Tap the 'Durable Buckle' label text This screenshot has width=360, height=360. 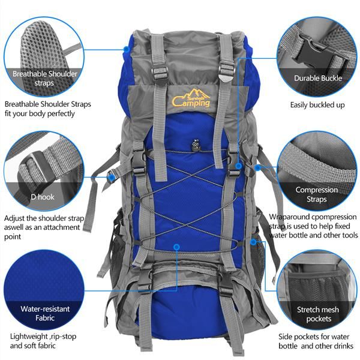coord(317,78)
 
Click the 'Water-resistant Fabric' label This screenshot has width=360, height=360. coord(45,313)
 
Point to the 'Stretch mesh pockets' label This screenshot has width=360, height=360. coord(319,314)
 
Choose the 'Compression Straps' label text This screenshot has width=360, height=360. coord(317,194)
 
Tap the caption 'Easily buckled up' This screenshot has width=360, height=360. coord(317,105)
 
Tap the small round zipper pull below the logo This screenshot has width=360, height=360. coord(195,144)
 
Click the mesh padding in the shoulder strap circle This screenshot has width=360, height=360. coord(39,42)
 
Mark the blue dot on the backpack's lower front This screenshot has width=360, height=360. coord(177,246)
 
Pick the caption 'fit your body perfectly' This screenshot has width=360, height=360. coord(40,113)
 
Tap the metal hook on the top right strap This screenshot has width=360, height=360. coord(224,75)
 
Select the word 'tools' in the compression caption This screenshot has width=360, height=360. coord(346,235)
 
